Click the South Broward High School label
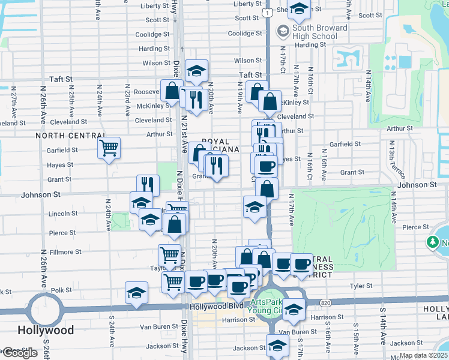click(320, 32)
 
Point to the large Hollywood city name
click(46, 331)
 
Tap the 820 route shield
click(342, 302)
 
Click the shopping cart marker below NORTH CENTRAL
click(109, 147)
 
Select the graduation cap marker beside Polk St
click(136, 293)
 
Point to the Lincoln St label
click(59, 214)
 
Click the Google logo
click(20, 353)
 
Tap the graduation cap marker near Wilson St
click(196, 71)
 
